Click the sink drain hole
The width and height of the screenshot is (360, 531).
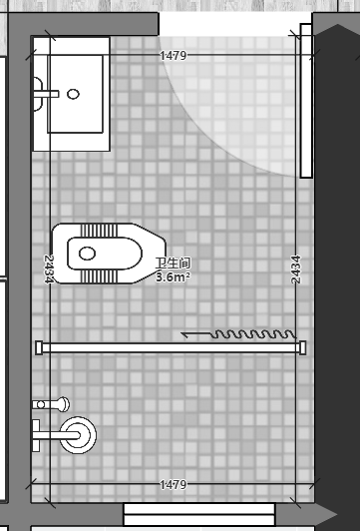coord(73,94)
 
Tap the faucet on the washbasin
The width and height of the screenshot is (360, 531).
coord(46,94)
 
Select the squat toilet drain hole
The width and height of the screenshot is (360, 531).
coord(87,254)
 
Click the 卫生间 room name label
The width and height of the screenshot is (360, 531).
coord(173,264)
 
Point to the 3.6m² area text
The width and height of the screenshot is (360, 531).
coord(173,277)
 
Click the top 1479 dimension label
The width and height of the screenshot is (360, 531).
coord(173,56)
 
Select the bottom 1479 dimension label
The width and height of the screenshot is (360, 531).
coord(173,485)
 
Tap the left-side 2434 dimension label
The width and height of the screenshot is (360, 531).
coord(50,269)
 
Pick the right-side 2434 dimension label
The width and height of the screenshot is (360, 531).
coord(296,269)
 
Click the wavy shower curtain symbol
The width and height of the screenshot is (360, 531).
coord(253,334)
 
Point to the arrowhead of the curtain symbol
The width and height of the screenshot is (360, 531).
coord(184,334)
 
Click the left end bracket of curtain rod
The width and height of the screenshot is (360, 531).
coord(39,347)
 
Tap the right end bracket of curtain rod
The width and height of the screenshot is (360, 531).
coord(302,347)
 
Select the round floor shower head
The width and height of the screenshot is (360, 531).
coord(78,435)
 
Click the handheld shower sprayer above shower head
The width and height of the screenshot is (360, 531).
coord(51,404)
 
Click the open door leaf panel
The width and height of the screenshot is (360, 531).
coord(306,101)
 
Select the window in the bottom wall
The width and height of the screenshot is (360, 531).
coord(199,514)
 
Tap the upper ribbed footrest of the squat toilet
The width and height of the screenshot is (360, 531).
coord(99,231)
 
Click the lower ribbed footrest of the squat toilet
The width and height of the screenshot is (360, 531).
coord(99,276)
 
